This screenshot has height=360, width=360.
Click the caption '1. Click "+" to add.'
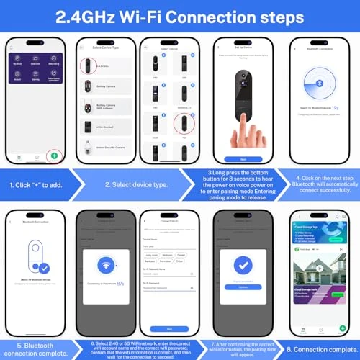pyautogui.click(x=36, y=184)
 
